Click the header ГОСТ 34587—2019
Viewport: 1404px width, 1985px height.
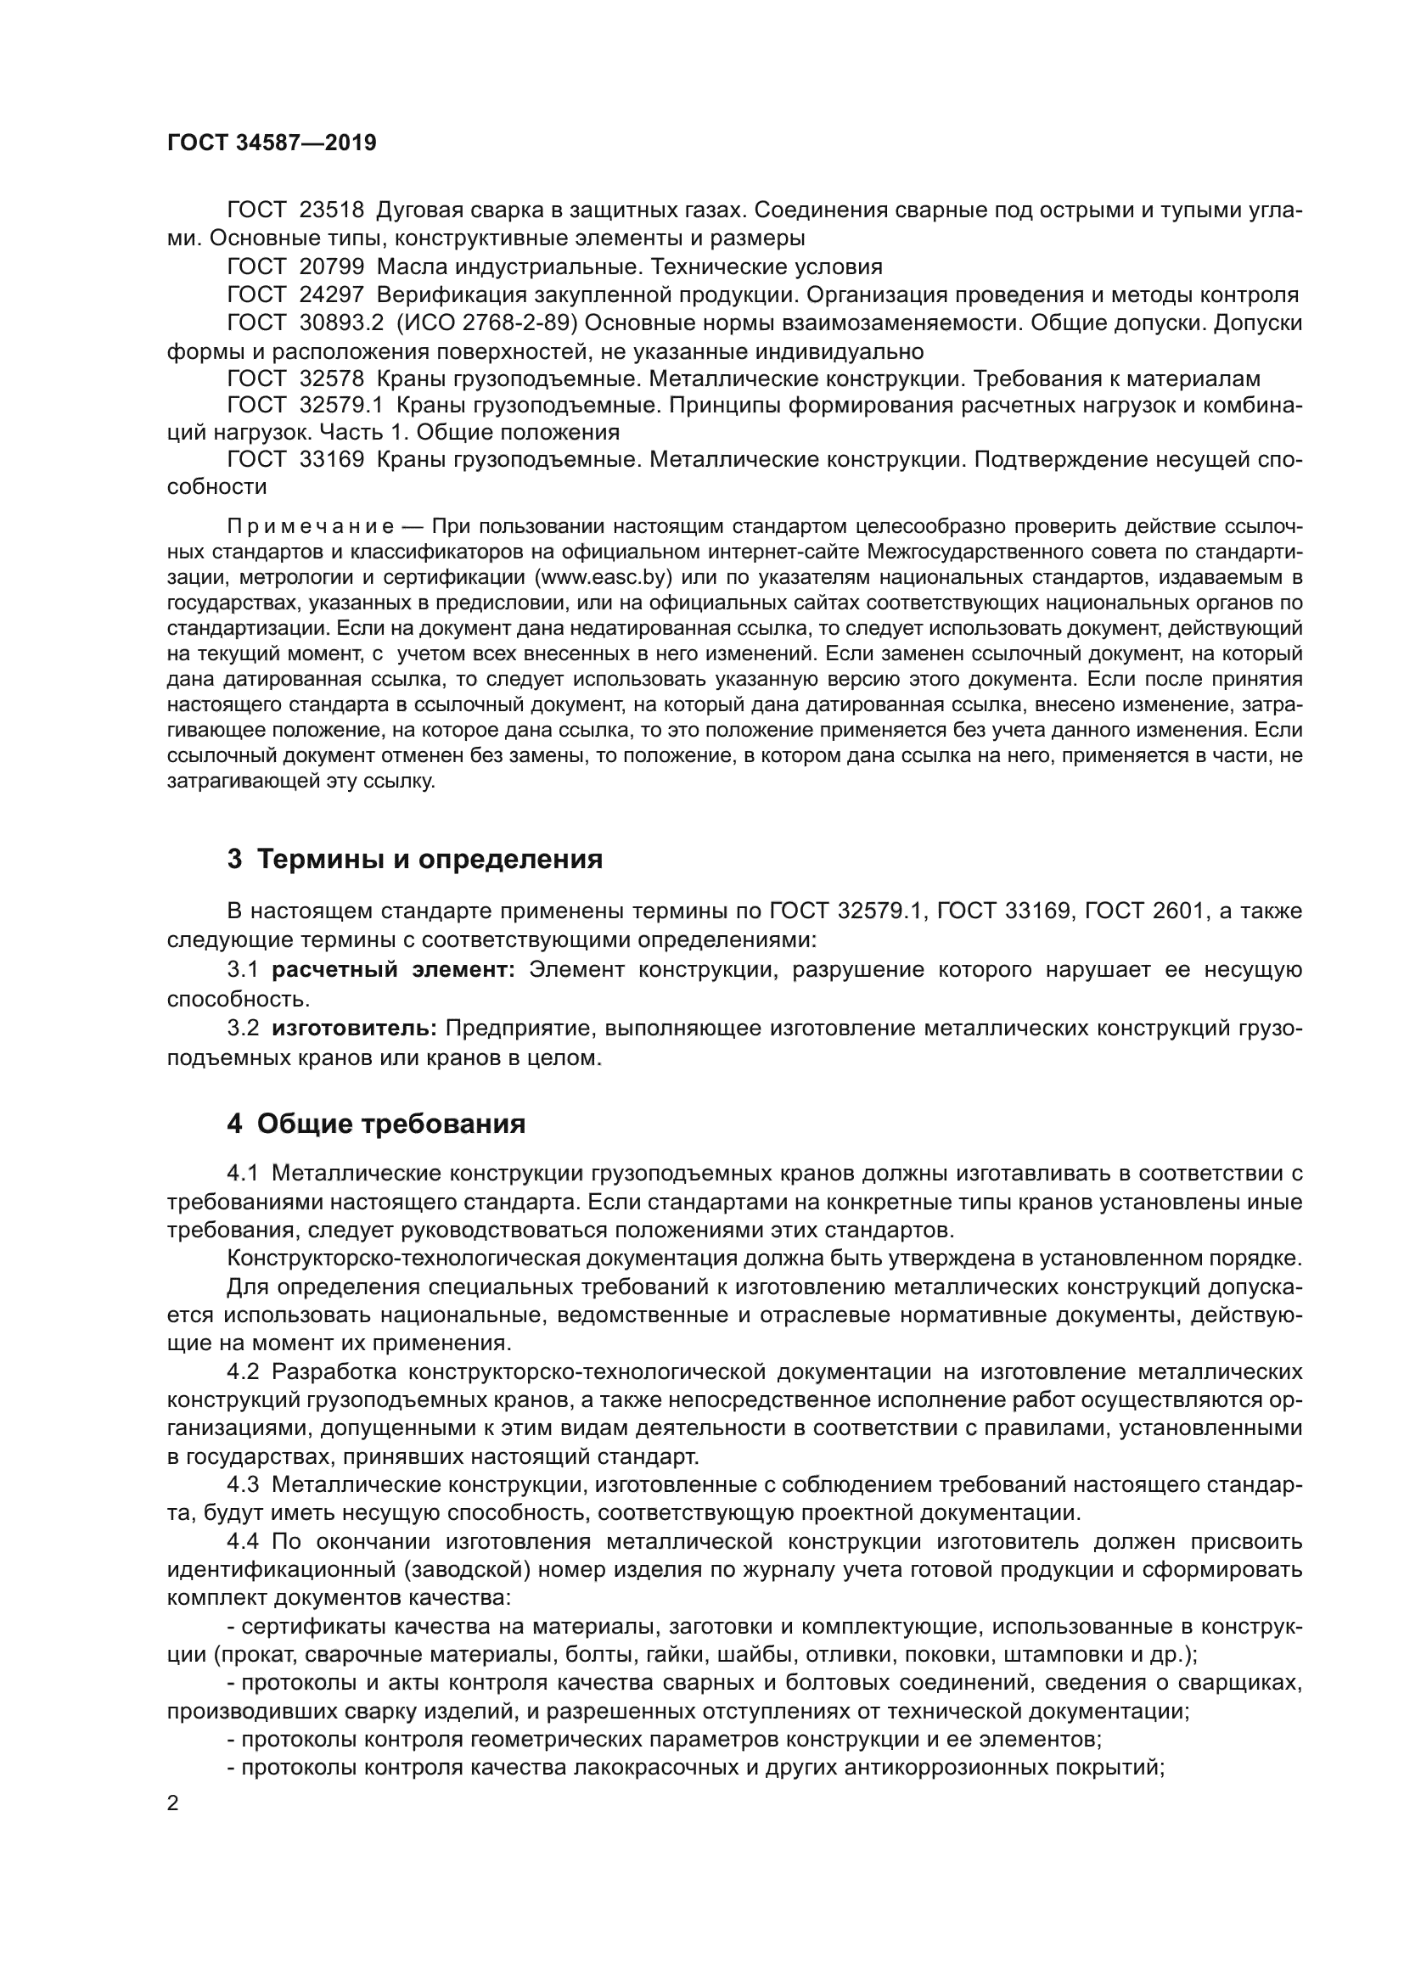tap(272, 143)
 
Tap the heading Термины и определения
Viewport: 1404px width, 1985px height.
tap(430, 860)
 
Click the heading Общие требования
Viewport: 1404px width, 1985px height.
tap(391, 1124)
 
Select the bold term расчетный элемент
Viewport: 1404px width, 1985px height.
tap(393, 970)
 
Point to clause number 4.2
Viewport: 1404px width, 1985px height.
tap(243, 1372)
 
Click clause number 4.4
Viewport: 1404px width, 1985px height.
tap(243, 1541)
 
